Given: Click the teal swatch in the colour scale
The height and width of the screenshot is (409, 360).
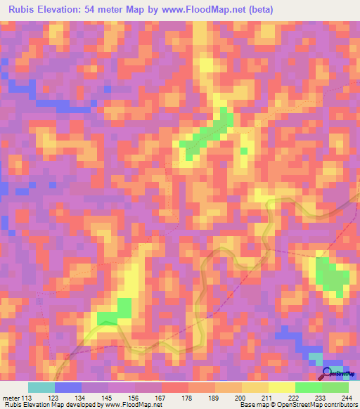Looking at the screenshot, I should (x=41, y=388).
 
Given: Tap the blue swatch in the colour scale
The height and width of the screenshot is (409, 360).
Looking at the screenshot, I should (x=68, y=388).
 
